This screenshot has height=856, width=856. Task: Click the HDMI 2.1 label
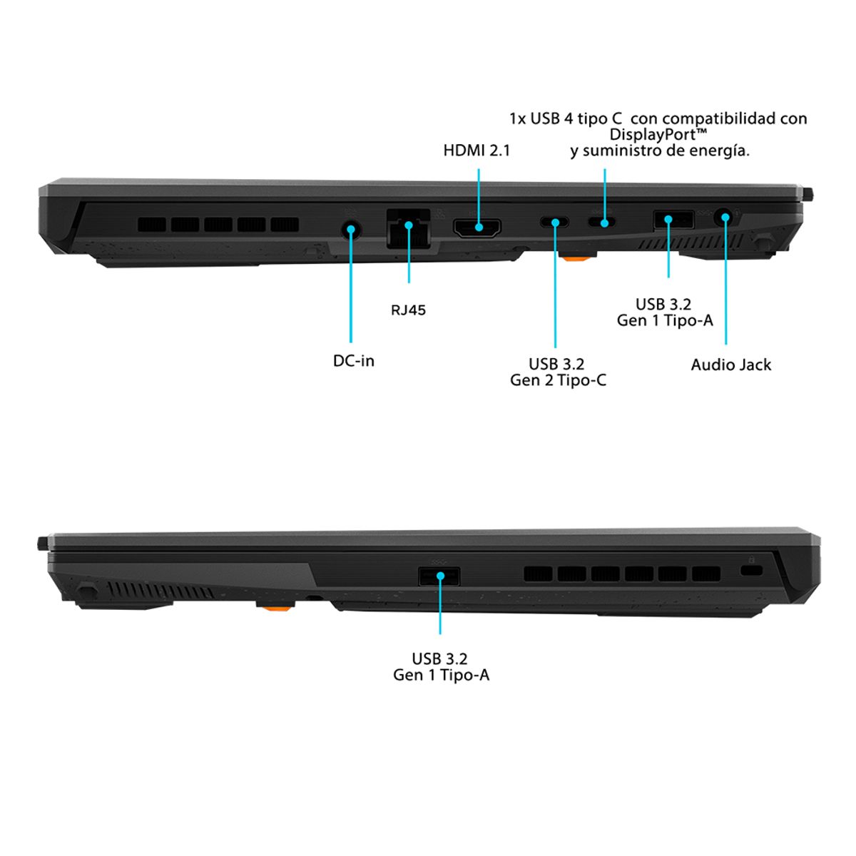click(477, 151)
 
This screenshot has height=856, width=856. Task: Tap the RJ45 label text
click(408, 310)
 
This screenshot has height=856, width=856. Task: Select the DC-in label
click(354, 361)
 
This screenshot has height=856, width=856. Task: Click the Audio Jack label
click(730, 365)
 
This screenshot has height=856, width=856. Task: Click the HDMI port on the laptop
click(477, 228)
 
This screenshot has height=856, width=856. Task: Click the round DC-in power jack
click(351, 230)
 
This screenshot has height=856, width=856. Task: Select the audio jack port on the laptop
click(725, 218)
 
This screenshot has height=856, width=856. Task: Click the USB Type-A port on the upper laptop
click(673, 220)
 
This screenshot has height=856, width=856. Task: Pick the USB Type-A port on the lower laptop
click(439, 576)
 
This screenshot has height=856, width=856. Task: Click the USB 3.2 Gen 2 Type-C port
click(555, 221)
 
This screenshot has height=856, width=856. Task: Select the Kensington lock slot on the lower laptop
click(751, 571)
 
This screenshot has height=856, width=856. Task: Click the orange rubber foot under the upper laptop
click(579, 257)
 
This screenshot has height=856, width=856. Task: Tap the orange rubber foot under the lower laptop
click(276, 605)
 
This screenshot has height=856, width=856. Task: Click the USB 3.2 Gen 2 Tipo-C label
click(558, 372)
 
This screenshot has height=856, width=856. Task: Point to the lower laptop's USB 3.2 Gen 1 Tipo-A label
click(441, 666)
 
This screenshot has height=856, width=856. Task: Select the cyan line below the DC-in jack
click(351, 286)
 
